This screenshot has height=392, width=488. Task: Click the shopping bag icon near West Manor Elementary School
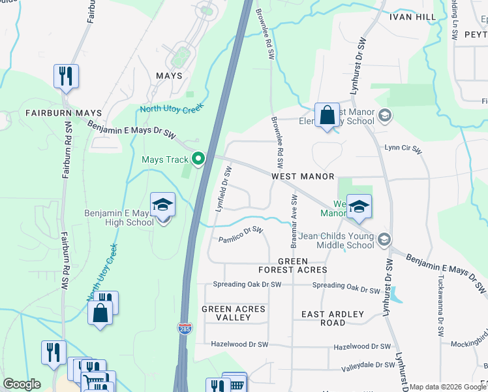click(327, 116)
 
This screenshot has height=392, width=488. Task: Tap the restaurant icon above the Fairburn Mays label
click(66, 76)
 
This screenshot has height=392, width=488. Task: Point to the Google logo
click(22, 384)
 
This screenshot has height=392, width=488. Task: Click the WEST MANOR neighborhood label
click(303, 177)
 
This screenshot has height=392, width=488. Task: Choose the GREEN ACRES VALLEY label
click(234, 313)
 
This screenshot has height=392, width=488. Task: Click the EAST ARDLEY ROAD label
click(333, 318)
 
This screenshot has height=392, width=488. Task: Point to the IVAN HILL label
click(414, 16)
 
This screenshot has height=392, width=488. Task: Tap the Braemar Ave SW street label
click(294, 221)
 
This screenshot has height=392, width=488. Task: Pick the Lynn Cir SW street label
click(403, 150)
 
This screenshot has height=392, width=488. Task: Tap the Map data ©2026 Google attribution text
click(448, 387)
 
